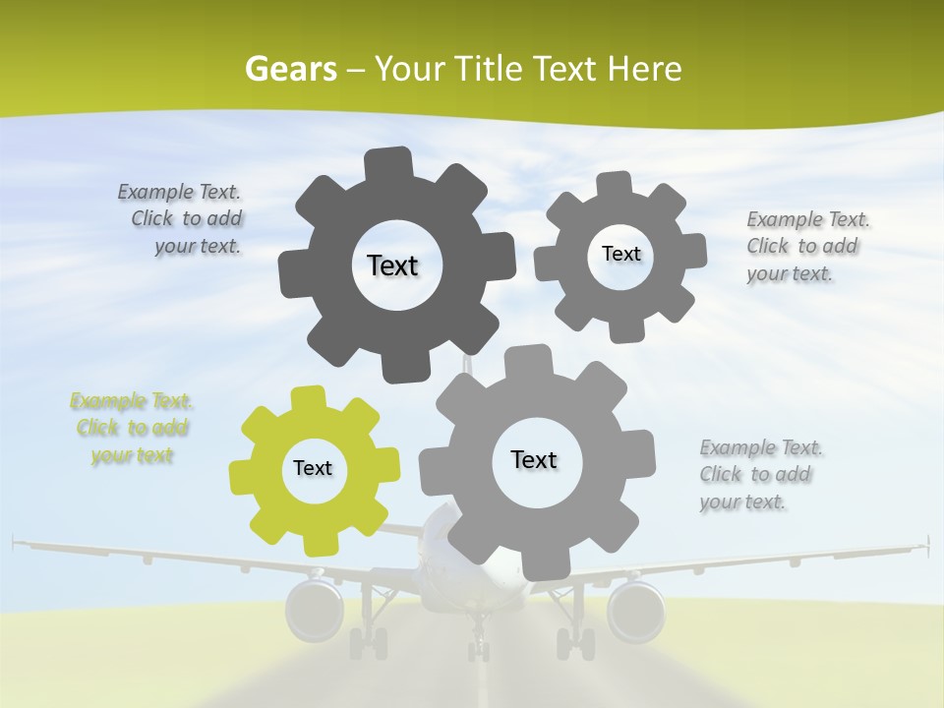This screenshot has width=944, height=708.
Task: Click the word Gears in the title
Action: [290, 69]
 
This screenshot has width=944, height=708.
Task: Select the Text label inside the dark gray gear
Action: [392, 265]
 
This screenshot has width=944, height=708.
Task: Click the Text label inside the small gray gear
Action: [620, 254]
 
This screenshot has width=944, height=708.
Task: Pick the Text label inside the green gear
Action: [313, 468]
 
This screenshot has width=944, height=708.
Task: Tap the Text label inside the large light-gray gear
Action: [534, 459]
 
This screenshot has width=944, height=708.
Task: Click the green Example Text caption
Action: [132, 428]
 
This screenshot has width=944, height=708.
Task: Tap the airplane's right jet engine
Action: [635, 610]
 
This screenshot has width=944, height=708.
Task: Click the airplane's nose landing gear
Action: [478, 644]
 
